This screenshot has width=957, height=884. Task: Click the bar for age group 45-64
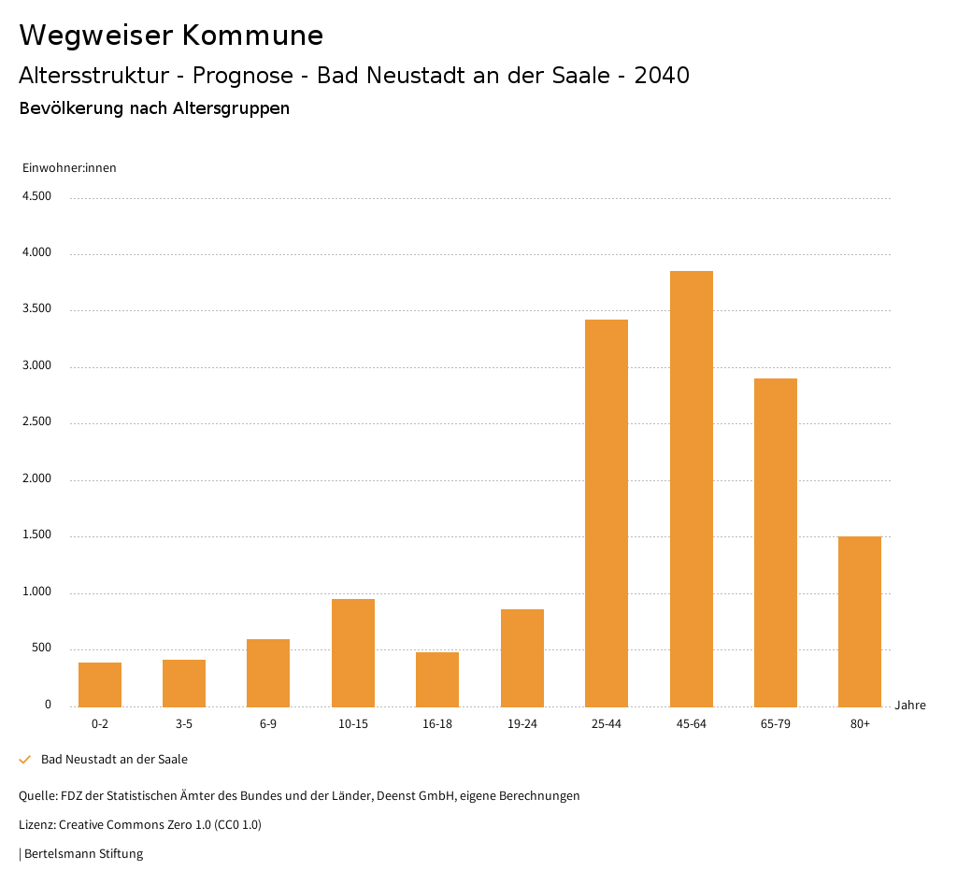point(691,489)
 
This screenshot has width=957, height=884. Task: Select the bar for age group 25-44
point(607,513)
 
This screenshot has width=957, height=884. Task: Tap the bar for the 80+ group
point(860,621)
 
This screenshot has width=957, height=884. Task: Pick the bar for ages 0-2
point(100,685)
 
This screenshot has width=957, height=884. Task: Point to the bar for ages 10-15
point(353,653)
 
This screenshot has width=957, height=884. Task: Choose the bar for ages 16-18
point(437,679)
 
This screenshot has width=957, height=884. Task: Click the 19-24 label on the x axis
point(522,724)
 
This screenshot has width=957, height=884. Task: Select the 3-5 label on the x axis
point(184,724)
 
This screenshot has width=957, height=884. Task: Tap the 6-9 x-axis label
point(268,724)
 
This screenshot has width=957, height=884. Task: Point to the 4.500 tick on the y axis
point(36,196)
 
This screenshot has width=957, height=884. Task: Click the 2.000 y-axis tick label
point(36,478)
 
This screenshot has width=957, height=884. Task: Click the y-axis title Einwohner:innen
point(69,168)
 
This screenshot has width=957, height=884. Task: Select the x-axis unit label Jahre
point(910,706)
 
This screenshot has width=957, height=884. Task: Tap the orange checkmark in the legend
point(25,760)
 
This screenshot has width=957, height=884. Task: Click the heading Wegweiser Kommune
point(171,36)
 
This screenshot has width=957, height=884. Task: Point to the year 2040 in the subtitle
point(662,76)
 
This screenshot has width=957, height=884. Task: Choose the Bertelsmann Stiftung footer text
point(83,853)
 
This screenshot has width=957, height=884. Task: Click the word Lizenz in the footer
point(36,825)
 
